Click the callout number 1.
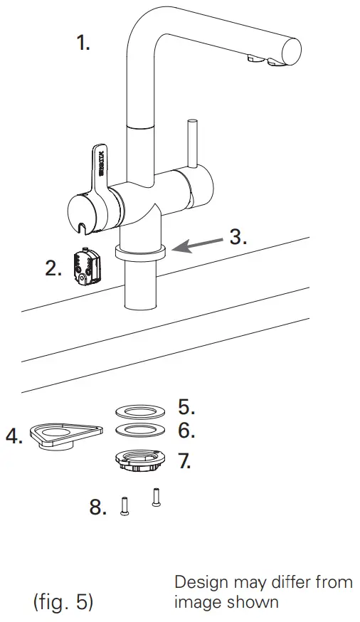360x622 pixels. (84, 43)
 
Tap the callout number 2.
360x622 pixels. (53, 268)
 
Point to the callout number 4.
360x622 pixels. (14, 436)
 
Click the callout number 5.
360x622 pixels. (186, 407)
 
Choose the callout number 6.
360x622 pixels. (186, 431)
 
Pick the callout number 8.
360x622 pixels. (99, 507)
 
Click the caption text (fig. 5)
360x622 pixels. (64, 601)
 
